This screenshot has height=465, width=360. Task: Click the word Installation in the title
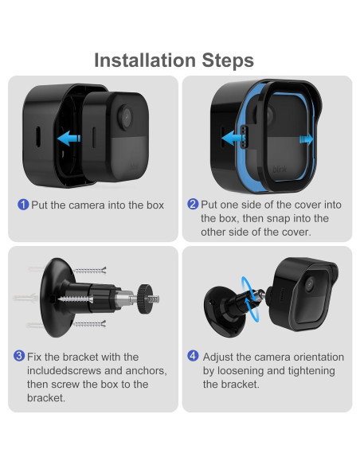tap(145, 61)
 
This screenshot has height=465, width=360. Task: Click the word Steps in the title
tap(228, 61)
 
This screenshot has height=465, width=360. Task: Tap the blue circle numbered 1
tap(23, 205)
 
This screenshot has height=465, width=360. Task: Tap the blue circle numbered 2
tap(193, 204)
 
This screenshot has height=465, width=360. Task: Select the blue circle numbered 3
tap(19, 356)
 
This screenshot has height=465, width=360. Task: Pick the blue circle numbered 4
tap(193, 356)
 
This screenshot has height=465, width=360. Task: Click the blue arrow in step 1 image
tap(68, 139)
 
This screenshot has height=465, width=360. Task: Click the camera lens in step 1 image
tap(126, 116)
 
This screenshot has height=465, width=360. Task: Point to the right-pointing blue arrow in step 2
tap(306, 139)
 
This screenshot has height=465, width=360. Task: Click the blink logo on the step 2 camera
tap(280, 170)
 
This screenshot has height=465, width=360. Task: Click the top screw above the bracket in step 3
tap(90, 271)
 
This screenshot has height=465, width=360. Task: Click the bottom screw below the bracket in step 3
tap(89, 324)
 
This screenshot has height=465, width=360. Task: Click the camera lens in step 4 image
tap(310, 284)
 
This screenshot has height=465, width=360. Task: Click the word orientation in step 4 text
tap(319, 357)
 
